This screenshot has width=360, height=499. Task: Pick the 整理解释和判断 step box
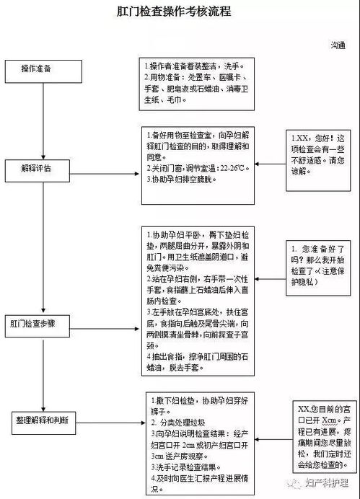click(45, 419)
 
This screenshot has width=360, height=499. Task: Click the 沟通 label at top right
click(338, 45)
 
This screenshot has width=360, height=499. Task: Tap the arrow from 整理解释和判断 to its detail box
click(112, 418)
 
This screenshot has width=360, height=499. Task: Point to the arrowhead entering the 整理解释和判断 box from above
click(45, 406)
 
